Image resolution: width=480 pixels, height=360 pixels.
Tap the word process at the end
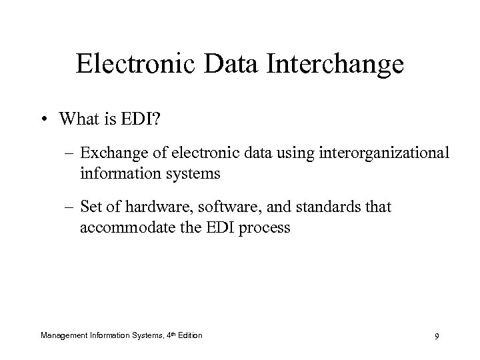[x=266, y=227]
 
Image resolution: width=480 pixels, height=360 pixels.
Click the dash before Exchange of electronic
[x=69, y=154]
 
